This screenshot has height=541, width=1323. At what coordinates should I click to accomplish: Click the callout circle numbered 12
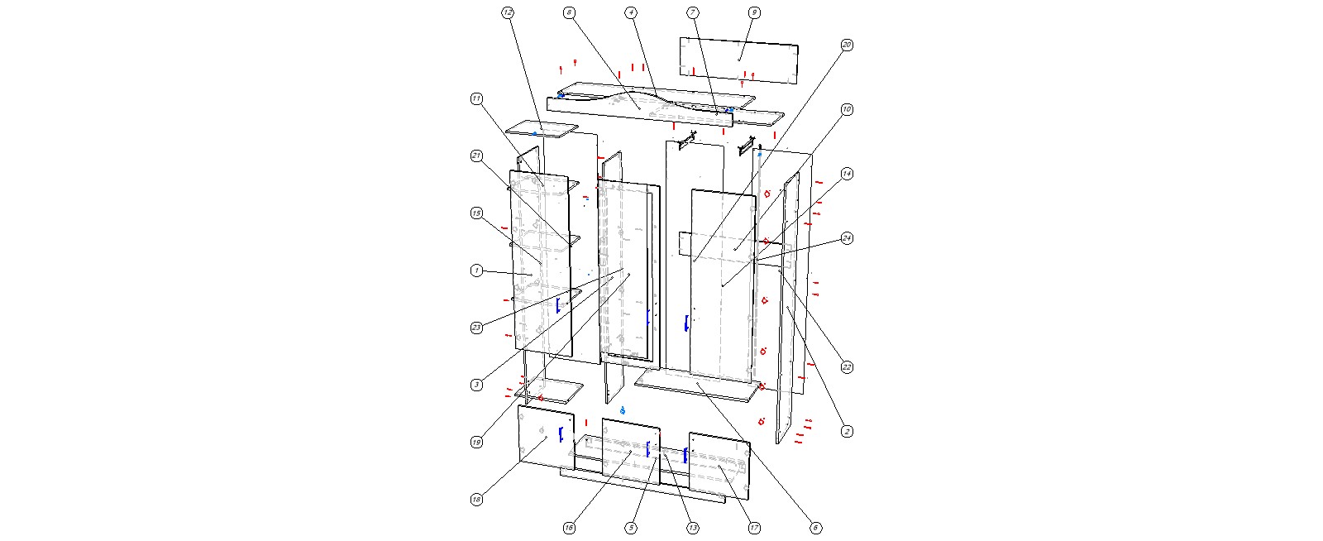point(507,12)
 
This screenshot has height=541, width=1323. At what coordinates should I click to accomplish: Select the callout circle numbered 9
point(754,12)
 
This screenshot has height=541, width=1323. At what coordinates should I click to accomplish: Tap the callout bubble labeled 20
point(847,45)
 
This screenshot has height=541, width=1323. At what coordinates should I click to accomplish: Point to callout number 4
point(631,12)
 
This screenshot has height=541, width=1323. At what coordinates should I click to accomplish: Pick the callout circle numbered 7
point(693,12)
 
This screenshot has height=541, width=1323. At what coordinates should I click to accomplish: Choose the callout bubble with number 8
point(569,12)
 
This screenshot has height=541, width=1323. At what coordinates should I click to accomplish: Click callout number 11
point(476,99)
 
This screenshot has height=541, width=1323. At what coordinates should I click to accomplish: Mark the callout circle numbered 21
point(476,156)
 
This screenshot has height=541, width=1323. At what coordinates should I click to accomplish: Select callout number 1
point(476,270)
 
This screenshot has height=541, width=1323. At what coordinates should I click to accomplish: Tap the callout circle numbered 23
point(476,328)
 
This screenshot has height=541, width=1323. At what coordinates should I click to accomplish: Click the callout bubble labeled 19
point(476,443)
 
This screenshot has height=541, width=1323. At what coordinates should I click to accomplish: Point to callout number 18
point(476,500)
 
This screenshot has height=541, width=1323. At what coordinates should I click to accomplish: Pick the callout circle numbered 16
point(569,528)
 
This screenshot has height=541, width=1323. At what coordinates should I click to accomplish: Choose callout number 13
point(693,528)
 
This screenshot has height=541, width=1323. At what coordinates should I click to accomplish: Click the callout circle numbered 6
point(815,528)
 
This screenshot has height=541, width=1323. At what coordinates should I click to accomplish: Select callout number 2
point(847,431)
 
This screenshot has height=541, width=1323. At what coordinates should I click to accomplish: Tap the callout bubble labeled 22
point(847,367)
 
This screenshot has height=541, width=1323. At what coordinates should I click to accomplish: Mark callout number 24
point(847,238)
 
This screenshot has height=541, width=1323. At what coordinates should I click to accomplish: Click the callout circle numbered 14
point(847,174)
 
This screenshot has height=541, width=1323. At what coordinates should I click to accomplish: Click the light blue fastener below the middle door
point(623,410)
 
